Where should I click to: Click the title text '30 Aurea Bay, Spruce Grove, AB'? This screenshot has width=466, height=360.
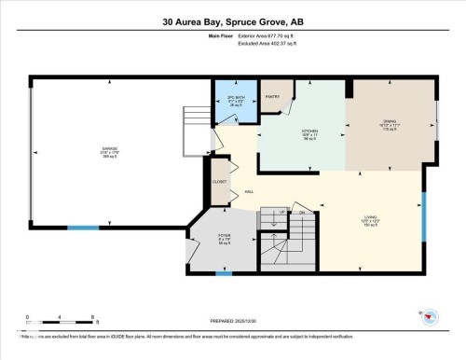coord(233,20)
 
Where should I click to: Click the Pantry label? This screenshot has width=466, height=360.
coord(274,95)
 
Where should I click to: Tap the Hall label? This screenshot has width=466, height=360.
coord(250,191)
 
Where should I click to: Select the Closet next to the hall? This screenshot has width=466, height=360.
coord(220,182)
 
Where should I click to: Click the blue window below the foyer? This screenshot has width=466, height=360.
coord(224,273)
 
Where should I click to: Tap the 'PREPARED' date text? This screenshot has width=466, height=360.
coord(232,319)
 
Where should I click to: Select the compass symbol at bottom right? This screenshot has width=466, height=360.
coord(432,314)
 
